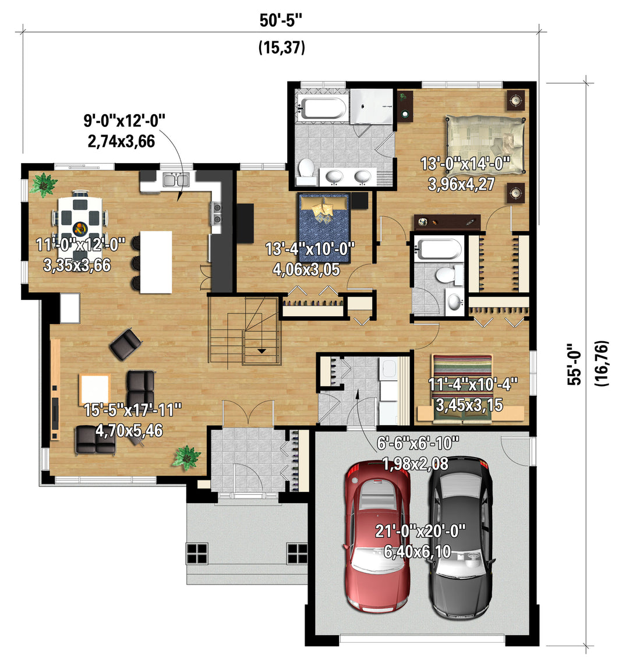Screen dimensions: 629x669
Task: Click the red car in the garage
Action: [x=377, y=536]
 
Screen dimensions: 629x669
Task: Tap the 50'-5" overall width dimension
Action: [x=282, y=20]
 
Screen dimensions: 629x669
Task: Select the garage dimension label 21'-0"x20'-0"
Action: [x=420, y=532]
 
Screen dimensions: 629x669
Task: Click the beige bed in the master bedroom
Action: [x=485, y=145]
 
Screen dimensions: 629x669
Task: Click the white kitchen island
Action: [x=156, y=262]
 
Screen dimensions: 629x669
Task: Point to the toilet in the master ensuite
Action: [x=306, y=171]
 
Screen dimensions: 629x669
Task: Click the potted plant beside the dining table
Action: [x=44, y=185]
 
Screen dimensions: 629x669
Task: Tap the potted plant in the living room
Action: [x=186, y=458]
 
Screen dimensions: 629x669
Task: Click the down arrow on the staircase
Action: [x=261, y=351]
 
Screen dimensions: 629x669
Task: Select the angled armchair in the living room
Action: [x=125, y=344]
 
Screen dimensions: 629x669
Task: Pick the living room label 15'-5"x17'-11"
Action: [x=133, y=410]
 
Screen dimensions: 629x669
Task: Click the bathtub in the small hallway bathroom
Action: [x=438, y=249]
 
